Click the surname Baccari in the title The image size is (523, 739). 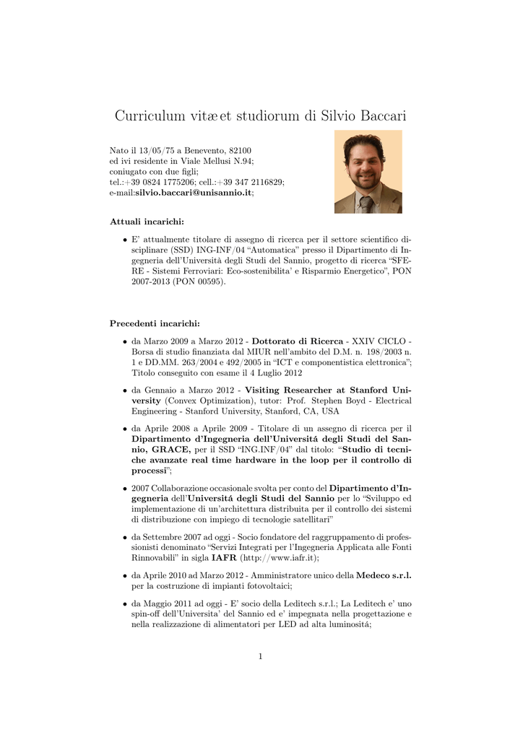376,115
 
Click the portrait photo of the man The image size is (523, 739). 368,172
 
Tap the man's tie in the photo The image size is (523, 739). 368,204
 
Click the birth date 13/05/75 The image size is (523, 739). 153,150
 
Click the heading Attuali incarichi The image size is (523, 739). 147,220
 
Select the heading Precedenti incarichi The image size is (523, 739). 155,323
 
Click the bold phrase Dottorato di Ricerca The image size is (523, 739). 298,341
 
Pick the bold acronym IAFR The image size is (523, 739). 223,558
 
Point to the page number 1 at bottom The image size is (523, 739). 260,656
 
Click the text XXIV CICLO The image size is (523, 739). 379,341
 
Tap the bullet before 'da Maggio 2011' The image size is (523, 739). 124,604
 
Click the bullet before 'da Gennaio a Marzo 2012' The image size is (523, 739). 124,390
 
